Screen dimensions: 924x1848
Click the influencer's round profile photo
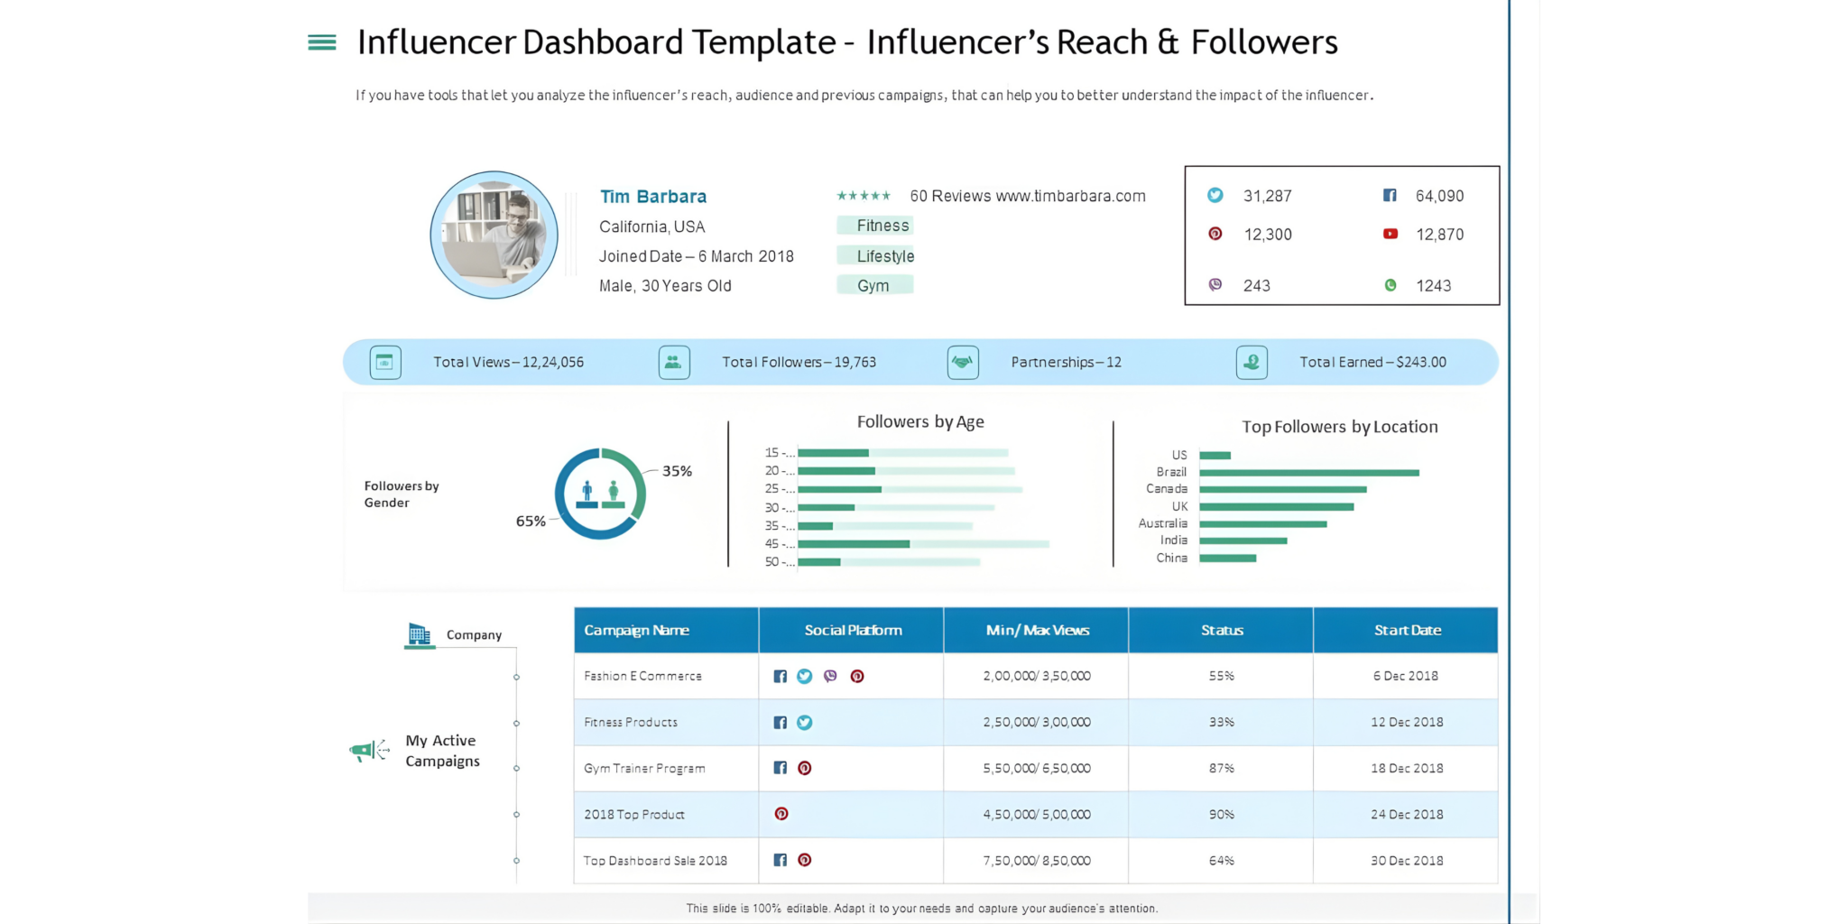[494, 235]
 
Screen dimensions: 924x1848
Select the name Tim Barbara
[653, 197]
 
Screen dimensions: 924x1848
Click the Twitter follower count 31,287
[1267, 196]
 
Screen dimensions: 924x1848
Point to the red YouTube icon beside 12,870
[1391, 234]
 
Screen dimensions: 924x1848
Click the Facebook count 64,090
[1439, 196]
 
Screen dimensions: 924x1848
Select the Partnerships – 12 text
[1066, 362]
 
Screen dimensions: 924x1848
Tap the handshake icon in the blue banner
[963, 362]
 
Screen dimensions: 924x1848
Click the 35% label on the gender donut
[677, 471]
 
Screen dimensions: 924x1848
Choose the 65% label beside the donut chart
[531, 521]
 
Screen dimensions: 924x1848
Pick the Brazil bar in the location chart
[1308, 472]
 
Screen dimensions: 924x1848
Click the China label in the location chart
[1171, 558]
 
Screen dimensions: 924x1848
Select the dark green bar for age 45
[853, 544]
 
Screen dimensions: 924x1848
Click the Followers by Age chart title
[919, 421]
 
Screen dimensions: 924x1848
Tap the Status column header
[1221, 630]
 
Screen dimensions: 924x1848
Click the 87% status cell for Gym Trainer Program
[1221, 768]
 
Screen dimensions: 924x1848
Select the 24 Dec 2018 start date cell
[1406, 814]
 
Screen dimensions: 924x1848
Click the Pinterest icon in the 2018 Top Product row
[781, 814]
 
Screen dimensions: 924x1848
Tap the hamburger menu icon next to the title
[322, 42]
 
